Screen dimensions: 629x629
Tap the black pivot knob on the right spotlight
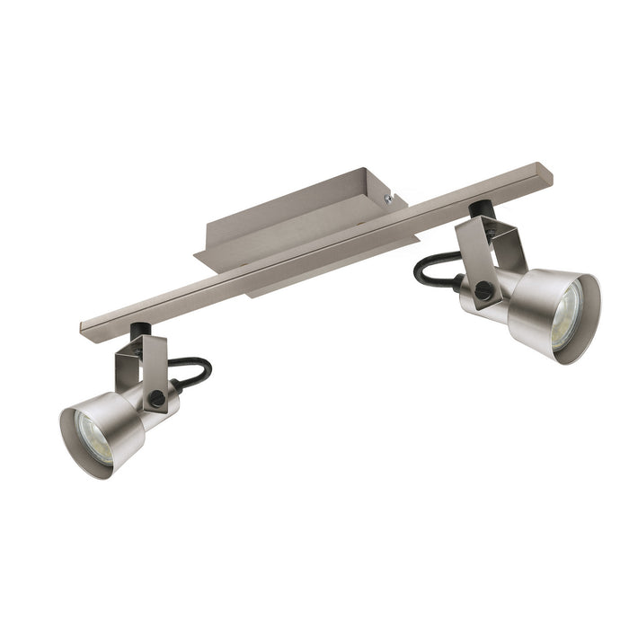click(484, 288)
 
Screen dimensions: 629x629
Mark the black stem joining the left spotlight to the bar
click(137, 333)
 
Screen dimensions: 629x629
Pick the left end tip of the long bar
click(84, 325)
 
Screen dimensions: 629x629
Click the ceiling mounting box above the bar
click(288, 216)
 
